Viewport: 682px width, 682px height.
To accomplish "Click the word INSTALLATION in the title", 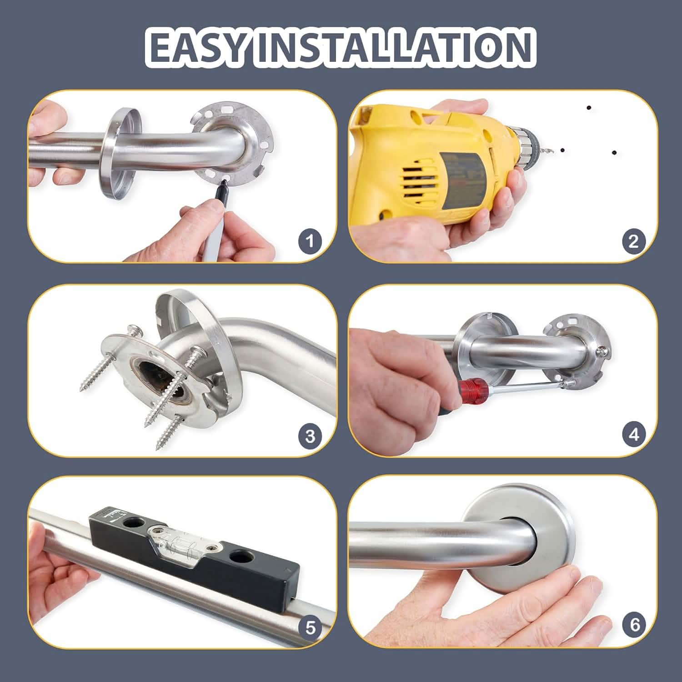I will point(393,47).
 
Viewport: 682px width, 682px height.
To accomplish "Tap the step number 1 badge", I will point(310,241).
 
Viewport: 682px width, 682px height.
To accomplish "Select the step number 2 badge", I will point(633,241).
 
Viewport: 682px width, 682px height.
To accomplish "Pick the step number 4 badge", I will point(633,435).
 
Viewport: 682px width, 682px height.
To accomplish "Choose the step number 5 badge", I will point(310,628).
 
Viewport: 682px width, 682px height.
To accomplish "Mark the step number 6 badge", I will point(634,625).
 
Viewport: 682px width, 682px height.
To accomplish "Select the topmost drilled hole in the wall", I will point(589,108).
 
